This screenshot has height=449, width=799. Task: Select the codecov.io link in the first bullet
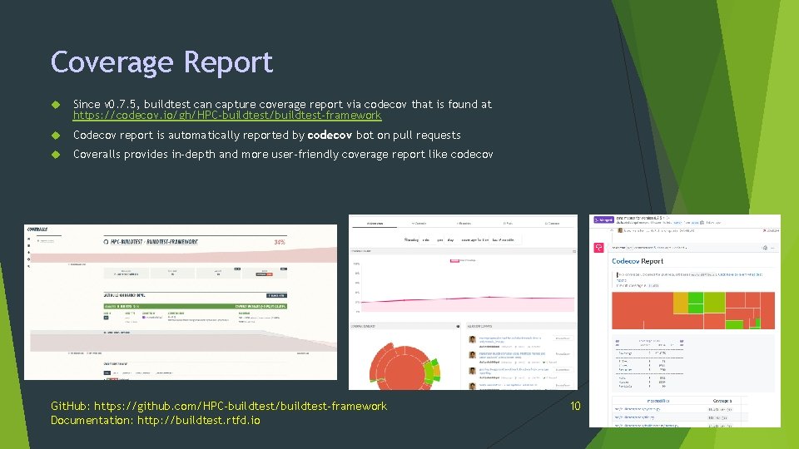(226, 116)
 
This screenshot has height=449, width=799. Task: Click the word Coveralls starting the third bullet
(97, 155)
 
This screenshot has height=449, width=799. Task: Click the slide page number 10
(574, 406)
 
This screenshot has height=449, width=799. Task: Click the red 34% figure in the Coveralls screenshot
(280, 243)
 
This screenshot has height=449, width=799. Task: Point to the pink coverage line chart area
(462, 300)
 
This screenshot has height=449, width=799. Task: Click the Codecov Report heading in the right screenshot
(638, 261)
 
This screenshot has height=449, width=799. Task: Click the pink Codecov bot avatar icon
(599, 248)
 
